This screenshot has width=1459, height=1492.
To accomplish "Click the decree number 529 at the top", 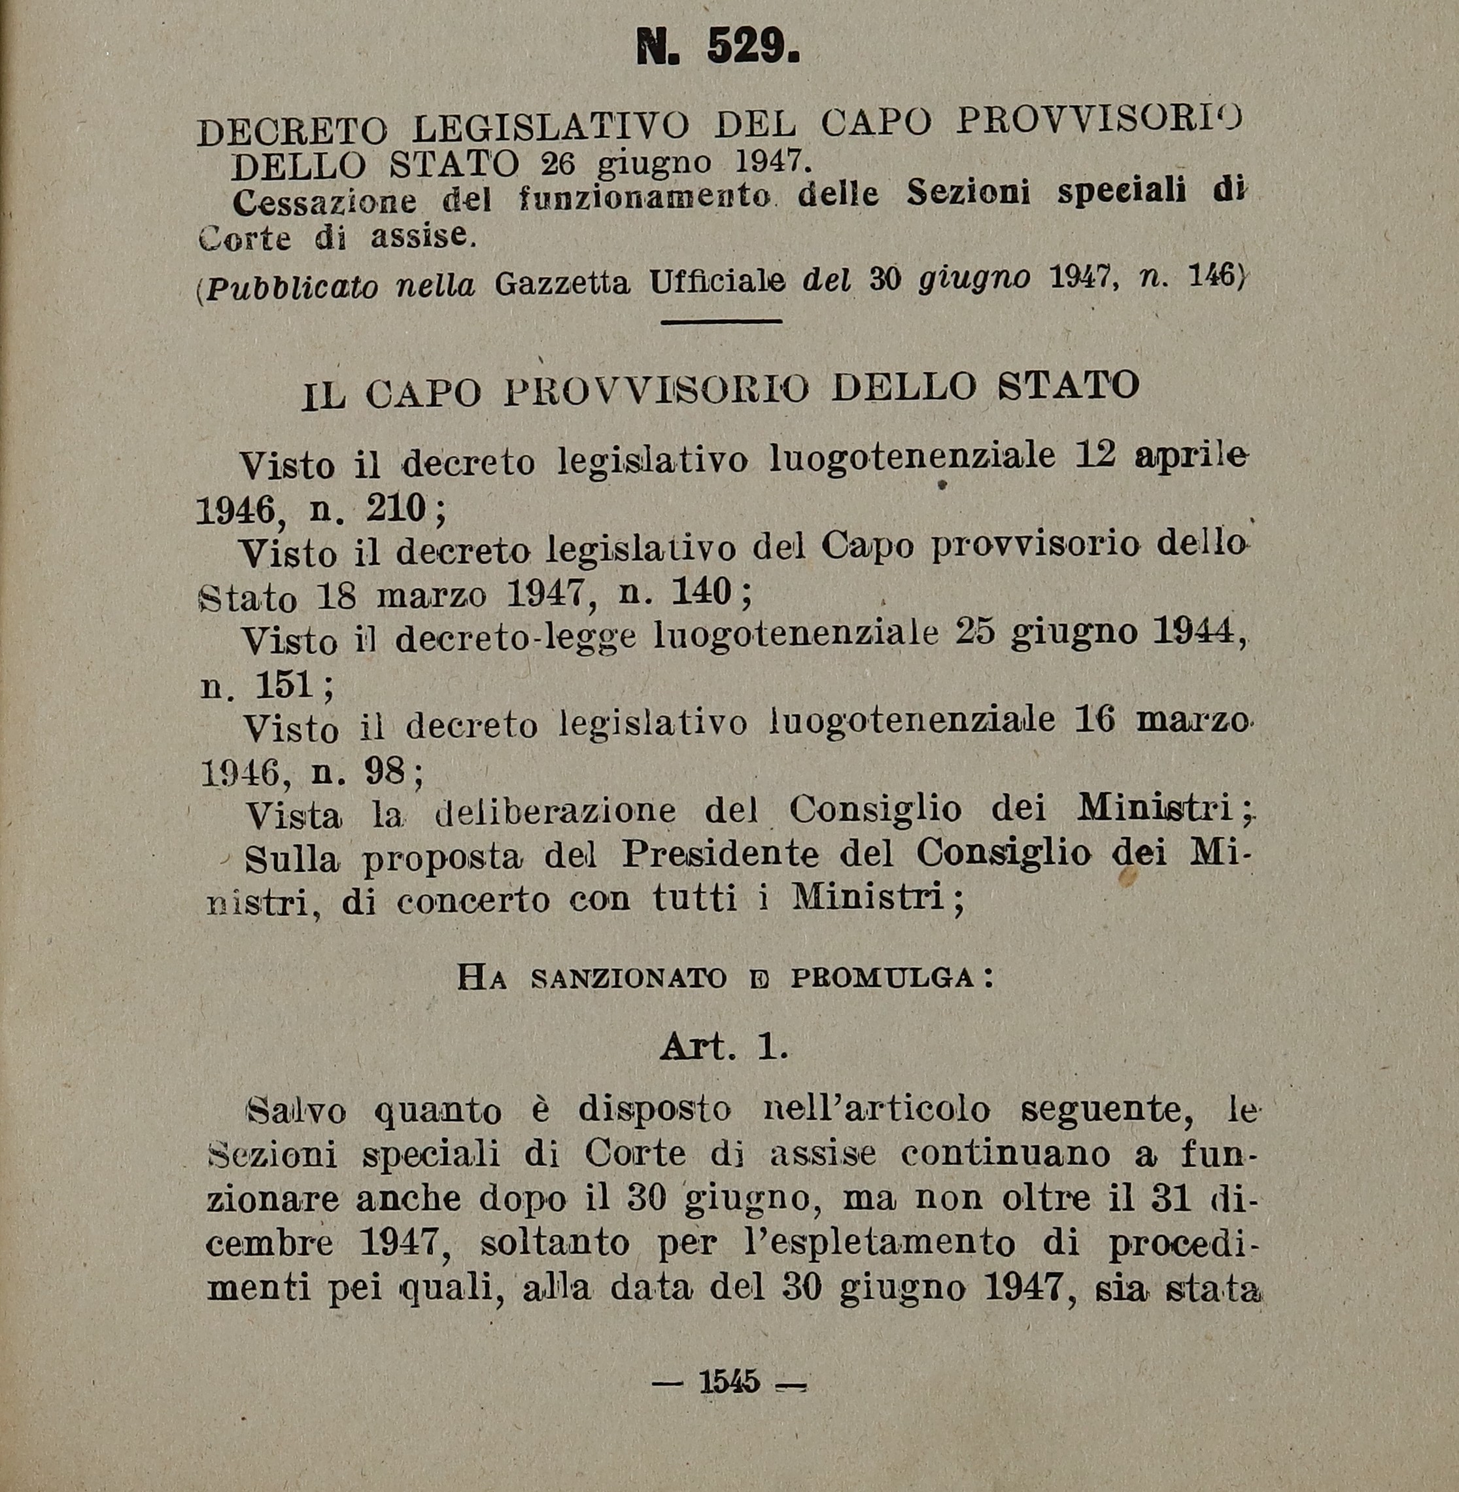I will pyautogui.click(x=751, y=48).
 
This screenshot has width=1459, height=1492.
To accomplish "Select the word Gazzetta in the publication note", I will pyautogui.click(x=562, y=285).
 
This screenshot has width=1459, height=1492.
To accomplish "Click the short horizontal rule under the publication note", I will pyautogui.click(x=721, y=322).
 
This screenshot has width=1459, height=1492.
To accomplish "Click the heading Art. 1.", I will pyautogui.click(x=724, y=1047).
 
